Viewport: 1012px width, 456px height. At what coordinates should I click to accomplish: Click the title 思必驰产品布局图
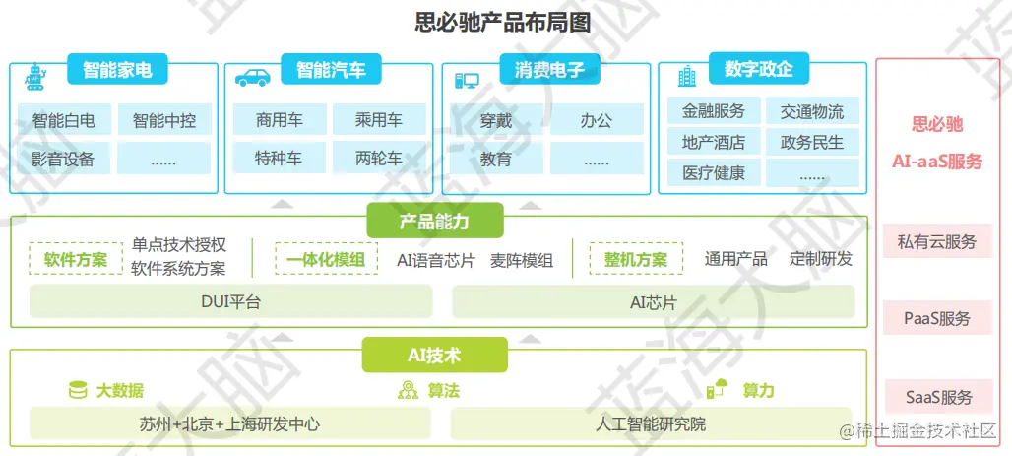pos(503,22)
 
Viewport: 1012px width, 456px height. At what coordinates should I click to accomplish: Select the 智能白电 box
pos(64,121)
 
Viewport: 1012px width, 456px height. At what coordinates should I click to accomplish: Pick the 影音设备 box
pos(64,159)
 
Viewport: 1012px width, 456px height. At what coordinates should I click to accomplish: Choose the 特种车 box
pos(279,159)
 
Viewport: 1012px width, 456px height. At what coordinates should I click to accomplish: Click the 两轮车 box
pos(379,159)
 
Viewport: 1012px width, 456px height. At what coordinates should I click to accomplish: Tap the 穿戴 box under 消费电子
pos(495,121)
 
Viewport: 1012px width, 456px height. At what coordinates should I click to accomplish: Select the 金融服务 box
pos(714,110)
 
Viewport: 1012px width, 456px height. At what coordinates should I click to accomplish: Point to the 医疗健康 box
pos(714,173)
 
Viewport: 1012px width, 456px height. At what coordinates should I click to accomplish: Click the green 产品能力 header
pos(434,222)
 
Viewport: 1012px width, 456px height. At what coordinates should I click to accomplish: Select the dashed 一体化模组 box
pos(326,259)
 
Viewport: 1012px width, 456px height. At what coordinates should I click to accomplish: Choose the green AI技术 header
pos(434,355)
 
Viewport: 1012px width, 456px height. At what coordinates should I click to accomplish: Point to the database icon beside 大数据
pos(77,390)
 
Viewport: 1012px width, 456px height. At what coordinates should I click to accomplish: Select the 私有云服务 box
pos(936,241)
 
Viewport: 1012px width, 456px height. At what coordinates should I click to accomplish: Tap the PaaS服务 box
pos(936,318)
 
